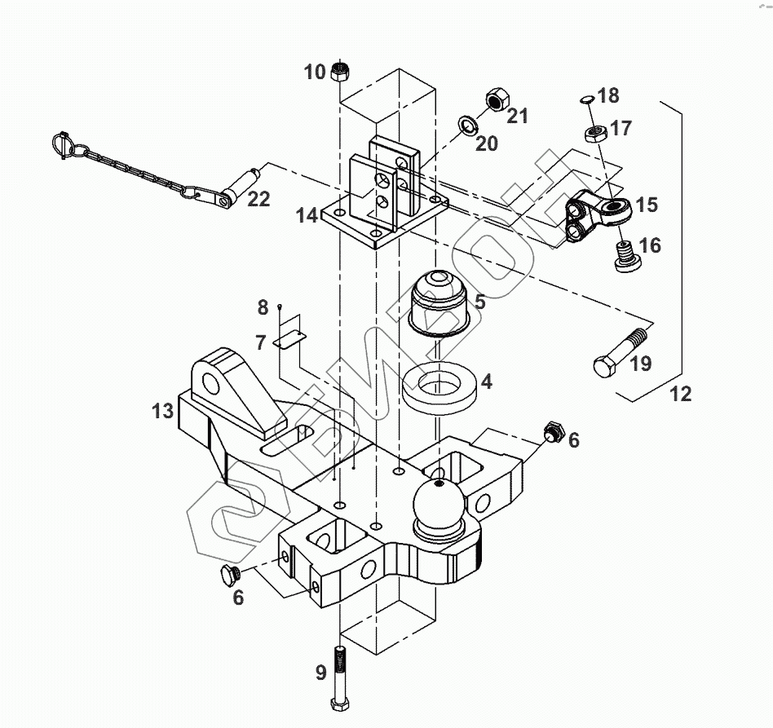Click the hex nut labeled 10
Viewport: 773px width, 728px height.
click(339, 72)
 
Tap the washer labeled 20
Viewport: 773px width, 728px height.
click(466, 126)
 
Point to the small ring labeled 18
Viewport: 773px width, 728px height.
click(585, 99)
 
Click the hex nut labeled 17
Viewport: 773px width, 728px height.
click(595, 134)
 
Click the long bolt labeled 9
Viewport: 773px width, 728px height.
click(339, 677)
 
